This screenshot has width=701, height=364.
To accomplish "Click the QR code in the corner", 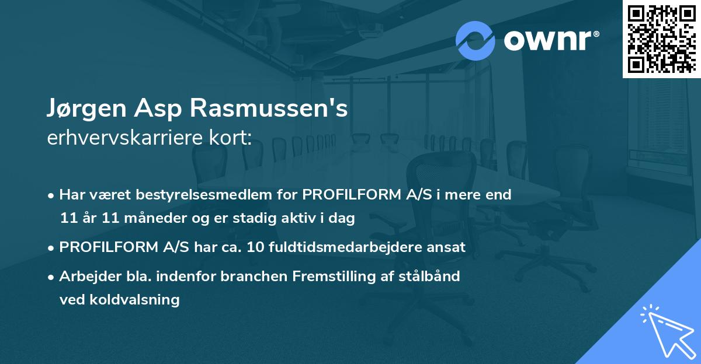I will [x=661, y=39].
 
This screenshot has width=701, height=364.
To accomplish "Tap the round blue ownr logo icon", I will [x=475, y=41].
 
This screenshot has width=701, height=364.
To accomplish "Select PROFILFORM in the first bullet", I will [x=352, y=195].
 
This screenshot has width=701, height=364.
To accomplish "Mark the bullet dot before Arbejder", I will [x=52, y=277].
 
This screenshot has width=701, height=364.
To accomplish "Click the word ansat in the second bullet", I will [x=448, y=247].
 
